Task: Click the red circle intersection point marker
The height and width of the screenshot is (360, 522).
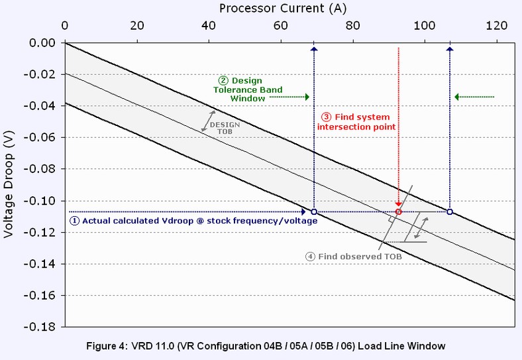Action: (398, 212)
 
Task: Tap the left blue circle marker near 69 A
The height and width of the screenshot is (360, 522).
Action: (314, 212)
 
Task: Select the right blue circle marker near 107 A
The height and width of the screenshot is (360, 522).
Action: (450, 212)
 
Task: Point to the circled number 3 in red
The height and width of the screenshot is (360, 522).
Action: (317, 117)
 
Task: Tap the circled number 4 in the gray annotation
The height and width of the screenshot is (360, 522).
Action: (310, 256)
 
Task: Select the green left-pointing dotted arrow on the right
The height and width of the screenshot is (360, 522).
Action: (474, 97)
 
